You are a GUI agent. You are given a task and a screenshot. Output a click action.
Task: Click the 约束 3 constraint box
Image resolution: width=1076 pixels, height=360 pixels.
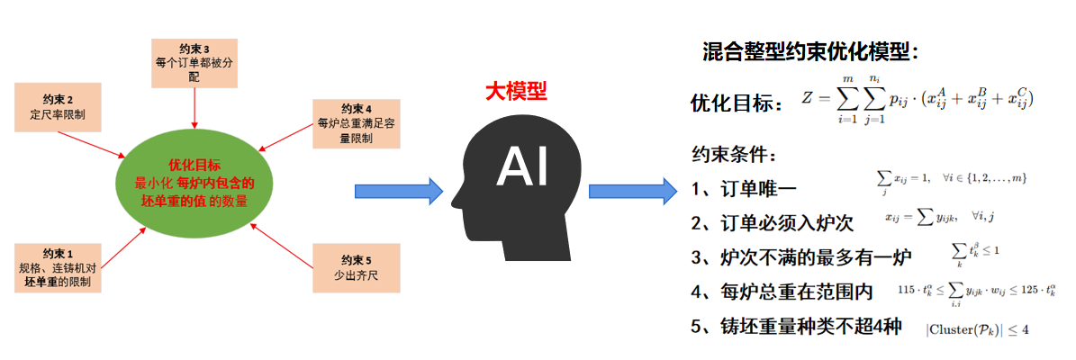coord(194,62)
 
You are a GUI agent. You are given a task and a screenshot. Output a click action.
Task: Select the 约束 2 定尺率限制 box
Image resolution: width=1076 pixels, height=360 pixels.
coord(58,107)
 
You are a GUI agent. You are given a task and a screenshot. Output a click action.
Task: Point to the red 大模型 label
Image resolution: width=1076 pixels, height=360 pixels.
coord(515,91)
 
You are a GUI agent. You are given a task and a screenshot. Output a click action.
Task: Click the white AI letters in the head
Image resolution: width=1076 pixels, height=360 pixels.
coord(522,167)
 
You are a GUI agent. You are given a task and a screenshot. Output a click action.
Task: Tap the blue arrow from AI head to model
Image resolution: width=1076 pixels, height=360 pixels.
coord(631,191)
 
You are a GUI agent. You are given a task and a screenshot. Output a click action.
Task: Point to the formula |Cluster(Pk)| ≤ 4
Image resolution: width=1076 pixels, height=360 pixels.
coord(977,328)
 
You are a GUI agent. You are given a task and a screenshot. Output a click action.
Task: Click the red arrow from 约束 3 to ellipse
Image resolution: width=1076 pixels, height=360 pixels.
coord(194,107)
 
